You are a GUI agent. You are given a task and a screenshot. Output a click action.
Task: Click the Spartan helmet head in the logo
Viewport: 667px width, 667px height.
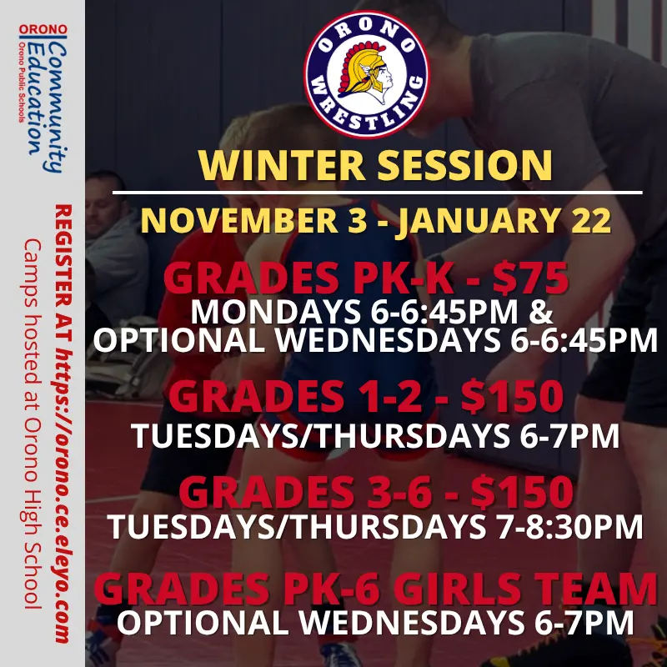click(365, 73)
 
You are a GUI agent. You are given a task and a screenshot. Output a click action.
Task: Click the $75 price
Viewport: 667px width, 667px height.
click(530, 278)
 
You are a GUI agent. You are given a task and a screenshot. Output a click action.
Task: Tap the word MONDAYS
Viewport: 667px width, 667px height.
click(275, 313)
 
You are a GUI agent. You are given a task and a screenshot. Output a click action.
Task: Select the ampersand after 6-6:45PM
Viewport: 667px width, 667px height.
click(541, 313)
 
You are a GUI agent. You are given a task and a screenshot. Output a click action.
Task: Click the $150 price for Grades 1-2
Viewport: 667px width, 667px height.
click(513, 397)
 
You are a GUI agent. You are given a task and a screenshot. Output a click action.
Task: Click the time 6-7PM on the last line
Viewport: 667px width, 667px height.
click(584, 623)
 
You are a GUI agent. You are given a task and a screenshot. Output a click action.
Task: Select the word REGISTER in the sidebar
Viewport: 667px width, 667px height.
click(63, 255)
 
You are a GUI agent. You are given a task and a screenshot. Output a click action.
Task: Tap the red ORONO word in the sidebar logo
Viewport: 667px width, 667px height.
click(43, 29)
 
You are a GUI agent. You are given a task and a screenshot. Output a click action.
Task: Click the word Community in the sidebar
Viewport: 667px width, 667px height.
click(56, 108)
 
